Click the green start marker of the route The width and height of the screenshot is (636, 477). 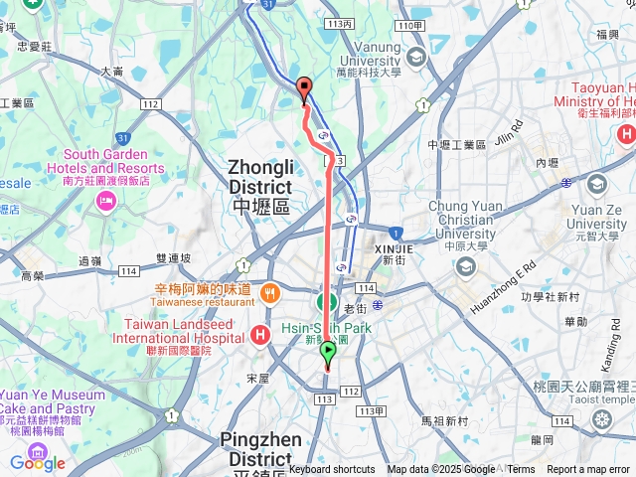coord(328,352)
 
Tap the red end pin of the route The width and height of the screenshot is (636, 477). coord(304,88)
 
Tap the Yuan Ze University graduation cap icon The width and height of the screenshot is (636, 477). coord(596,185)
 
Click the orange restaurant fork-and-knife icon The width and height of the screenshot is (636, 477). coord(269,293)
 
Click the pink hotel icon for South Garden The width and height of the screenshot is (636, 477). coord(105,202)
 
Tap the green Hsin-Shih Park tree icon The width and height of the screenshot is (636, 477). coord(326,303)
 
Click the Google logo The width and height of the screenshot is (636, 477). coord(38,463)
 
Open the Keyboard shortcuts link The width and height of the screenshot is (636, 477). coord(332,470)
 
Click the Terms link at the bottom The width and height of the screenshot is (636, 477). coord(521,470)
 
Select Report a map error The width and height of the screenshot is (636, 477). coord(589,470)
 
